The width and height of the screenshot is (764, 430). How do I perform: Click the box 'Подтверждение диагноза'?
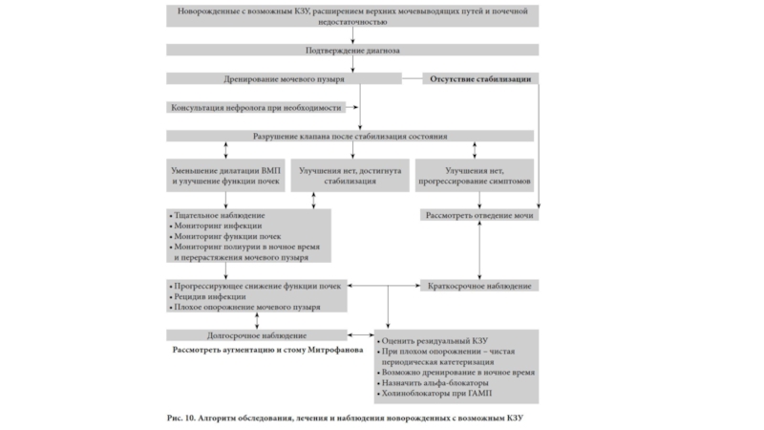(x=352, y=49)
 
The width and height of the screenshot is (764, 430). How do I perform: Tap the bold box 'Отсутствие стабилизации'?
(x=477, y=78)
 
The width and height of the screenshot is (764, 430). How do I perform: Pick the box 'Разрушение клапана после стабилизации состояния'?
(x=352, y=136)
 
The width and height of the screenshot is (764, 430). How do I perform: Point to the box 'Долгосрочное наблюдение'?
(x=256, y=335)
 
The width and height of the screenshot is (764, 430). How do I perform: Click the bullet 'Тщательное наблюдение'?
(x=218, y=215)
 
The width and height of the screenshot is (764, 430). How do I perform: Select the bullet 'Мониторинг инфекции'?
(x=214, y=226)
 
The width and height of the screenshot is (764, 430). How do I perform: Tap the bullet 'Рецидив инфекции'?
(x=207, y=296)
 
